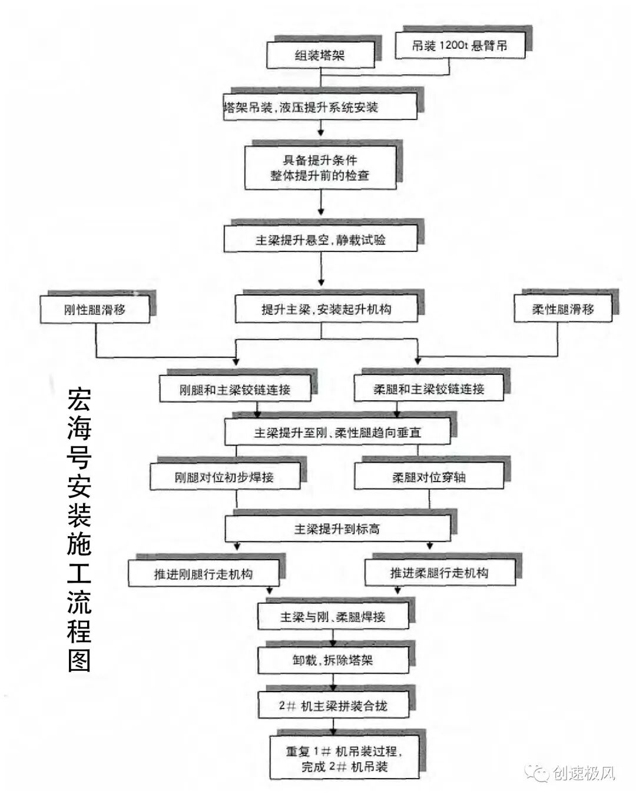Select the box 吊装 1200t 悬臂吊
459,46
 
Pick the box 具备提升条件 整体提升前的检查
320,168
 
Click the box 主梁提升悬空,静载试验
320,240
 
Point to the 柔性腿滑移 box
562,309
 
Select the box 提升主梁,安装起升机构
326,309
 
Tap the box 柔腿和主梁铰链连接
429,389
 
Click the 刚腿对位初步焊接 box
224,477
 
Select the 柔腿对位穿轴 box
429,477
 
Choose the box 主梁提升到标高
337,529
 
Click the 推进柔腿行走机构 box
439,573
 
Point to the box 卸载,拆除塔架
333,660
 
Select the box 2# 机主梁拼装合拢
333,705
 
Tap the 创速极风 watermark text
584,773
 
